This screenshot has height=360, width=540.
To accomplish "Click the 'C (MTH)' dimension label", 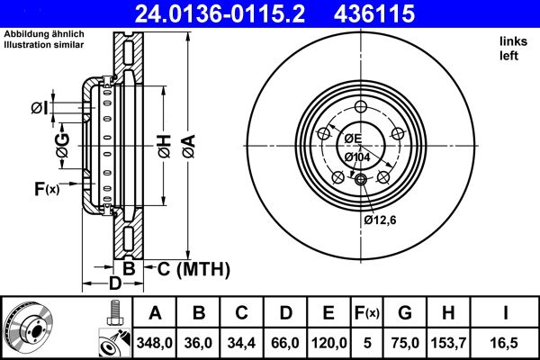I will [194, 268].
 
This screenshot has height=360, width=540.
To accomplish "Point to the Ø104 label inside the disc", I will [357, 157].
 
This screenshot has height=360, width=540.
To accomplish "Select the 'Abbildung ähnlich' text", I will [43, 34].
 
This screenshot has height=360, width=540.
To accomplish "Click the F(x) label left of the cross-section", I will [46, 189].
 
